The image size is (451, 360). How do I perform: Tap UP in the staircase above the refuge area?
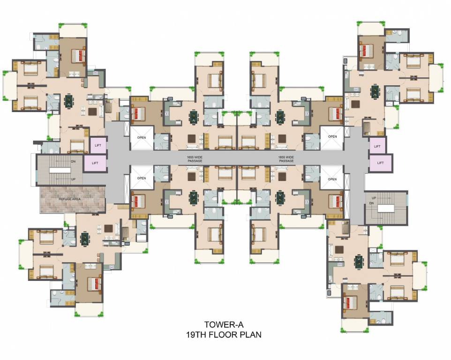coord(60,180)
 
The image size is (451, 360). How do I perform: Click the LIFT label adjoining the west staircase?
coord(95,163)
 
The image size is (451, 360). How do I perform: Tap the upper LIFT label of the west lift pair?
coord(98,145)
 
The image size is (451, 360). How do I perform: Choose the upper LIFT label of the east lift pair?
coord(377,146)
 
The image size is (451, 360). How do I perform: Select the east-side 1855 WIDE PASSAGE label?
coord(286,159)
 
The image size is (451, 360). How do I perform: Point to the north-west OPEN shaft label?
coord(142,138)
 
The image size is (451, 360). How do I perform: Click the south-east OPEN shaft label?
coord(332,179)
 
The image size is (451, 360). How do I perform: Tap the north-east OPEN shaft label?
coord(332,137)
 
